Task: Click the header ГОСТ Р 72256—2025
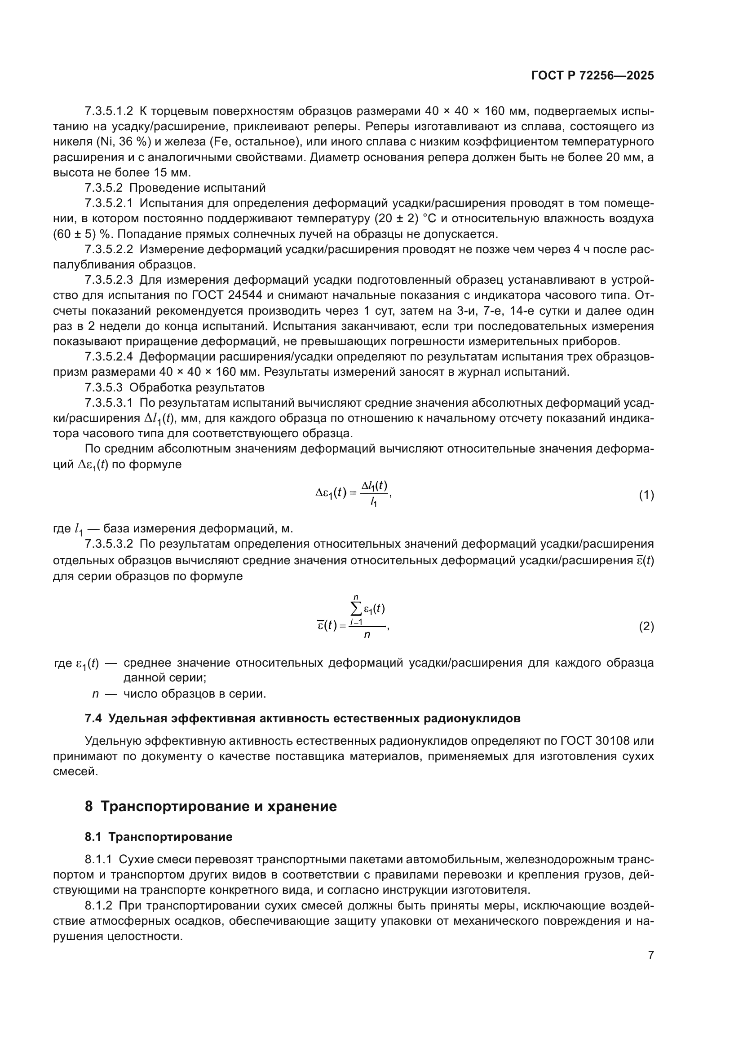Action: click(593, 75)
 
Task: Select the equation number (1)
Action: click(646, 495)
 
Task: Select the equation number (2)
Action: click(646, 626)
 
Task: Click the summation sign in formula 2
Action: click(356, 609)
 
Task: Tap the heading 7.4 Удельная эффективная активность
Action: click(302, 718)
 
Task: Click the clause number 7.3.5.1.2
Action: click(109, 111)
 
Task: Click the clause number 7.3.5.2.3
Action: click(109, 280)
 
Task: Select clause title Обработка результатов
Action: click(197, 387)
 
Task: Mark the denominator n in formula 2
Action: click(367, 635)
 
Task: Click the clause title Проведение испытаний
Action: click(197, 188)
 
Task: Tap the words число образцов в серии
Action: click(195, 694)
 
